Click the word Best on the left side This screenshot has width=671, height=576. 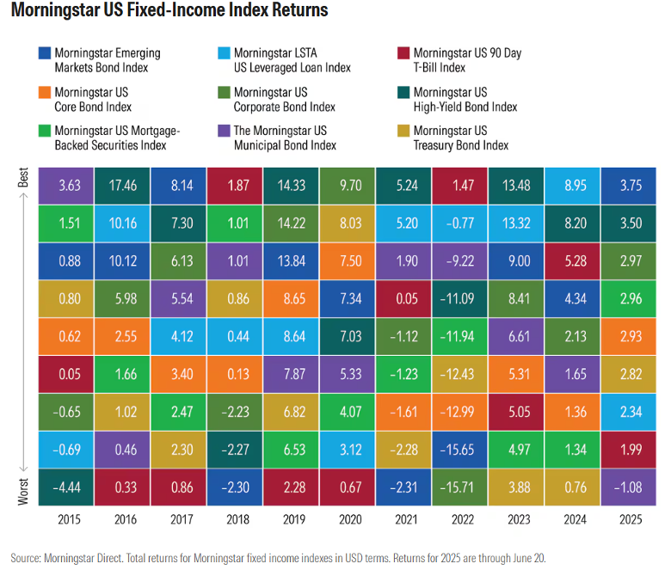coord(22,178)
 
